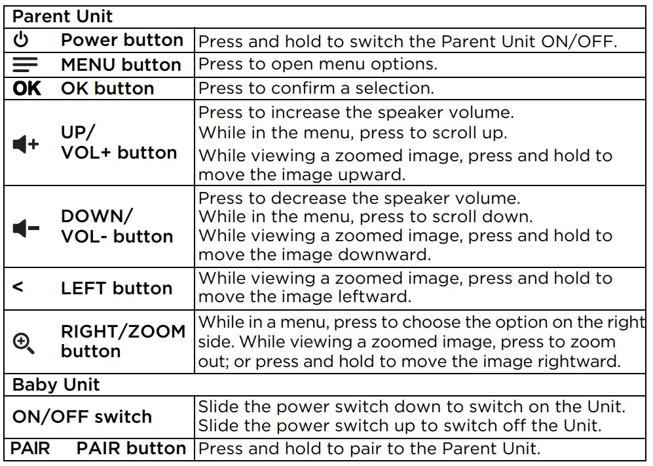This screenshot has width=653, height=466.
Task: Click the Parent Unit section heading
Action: tap(63, 16)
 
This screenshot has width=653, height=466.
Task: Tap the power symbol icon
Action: tap(22, 40)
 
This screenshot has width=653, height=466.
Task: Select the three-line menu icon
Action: tap(25, 64)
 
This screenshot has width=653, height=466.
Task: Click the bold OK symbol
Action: tap(27, 88)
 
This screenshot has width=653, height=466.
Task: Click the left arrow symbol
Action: tap(18, 287)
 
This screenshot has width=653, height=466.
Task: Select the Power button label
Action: tap(122, 40)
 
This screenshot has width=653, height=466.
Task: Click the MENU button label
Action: tap(121, 65)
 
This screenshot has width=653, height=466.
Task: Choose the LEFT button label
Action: tap(117, 288)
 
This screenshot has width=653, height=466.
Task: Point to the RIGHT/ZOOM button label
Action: tap(123, 341)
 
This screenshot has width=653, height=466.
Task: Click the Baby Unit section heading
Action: tap(56, 385)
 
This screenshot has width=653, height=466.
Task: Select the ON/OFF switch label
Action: tap(82, 417)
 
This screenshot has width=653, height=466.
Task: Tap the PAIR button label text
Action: tap(131, 449)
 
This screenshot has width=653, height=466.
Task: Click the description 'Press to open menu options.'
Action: tap(318, 65)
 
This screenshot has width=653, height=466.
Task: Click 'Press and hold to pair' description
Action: tap(369, 450)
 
